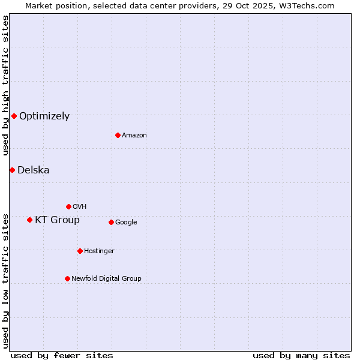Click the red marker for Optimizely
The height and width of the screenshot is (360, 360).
14,116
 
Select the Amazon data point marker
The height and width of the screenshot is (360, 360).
118,135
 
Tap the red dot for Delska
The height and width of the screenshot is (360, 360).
12,170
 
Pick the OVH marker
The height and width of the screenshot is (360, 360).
68,206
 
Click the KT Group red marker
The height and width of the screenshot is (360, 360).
29,220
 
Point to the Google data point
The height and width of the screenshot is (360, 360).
111,222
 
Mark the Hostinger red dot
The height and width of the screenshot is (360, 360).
80,251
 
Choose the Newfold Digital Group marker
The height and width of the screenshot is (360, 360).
67,278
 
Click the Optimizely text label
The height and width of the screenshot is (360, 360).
44,116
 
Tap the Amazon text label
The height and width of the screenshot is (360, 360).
134,136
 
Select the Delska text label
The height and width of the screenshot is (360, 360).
34,170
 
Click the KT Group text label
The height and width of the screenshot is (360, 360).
57,220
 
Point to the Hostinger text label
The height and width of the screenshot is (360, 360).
99,251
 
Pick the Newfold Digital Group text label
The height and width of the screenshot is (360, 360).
106,279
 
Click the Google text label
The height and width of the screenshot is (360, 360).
126,223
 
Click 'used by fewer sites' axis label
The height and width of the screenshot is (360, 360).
62,355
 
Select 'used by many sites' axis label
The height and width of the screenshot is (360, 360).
301,355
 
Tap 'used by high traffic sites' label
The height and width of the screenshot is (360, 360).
5,86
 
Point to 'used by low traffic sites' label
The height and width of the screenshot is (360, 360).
5,280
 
